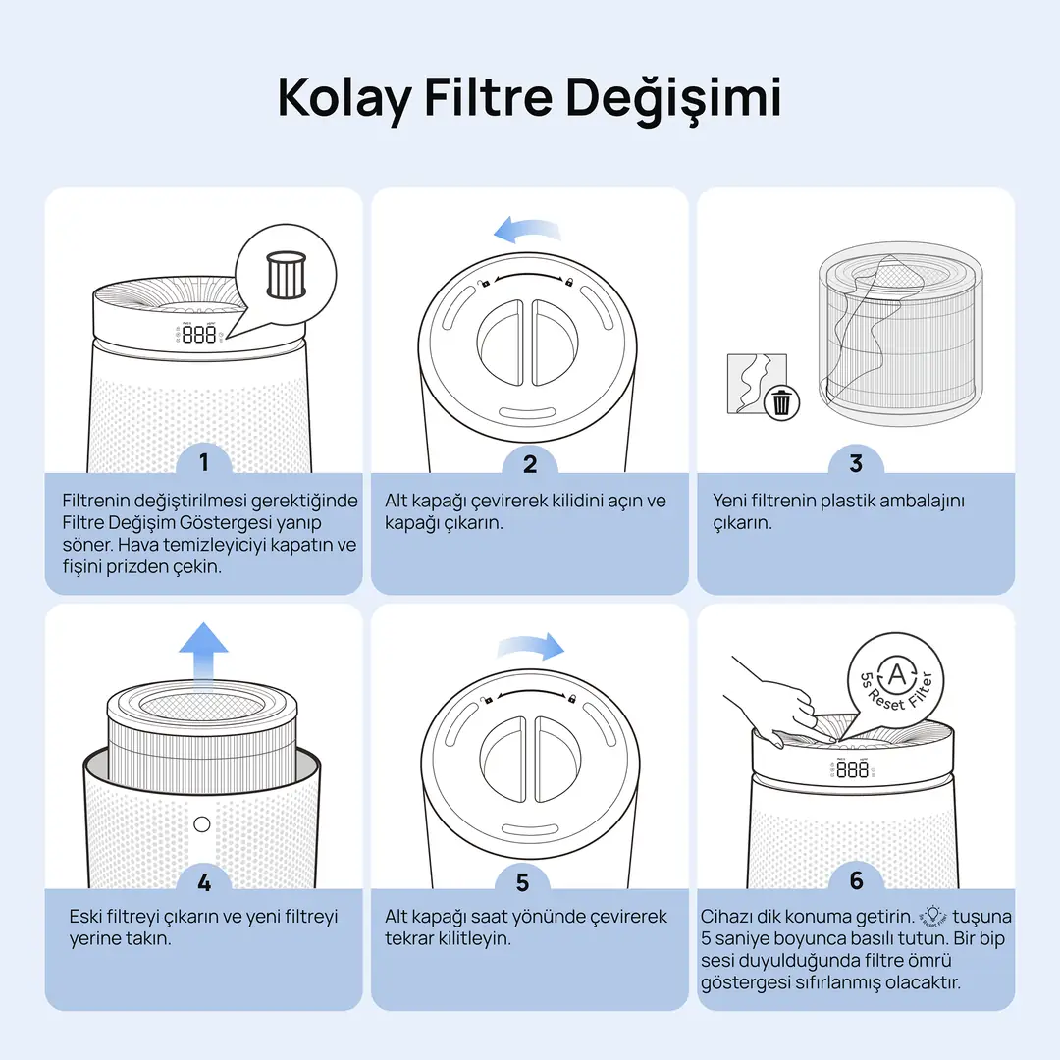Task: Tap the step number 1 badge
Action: coord(203,462)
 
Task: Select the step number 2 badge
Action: coord(530,463)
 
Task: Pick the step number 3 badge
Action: coord(856,463)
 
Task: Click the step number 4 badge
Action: coord(204,881)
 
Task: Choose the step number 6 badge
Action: coord(857,880)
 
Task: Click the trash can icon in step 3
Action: coord(781,402)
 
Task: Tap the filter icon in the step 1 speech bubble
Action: coord(287,275)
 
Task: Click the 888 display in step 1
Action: coord(199,334)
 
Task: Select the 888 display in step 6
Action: coord(853,769)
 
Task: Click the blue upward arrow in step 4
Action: coord(203,654)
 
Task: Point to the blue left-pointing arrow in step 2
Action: coord(527,231)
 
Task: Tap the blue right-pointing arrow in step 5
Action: coord(531,647)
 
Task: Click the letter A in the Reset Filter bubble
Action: coord(896,674)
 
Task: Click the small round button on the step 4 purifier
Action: coord(201,824)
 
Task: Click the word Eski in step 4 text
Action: coord(85,917)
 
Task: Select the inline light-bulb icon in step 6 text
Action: coord(933,917)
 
